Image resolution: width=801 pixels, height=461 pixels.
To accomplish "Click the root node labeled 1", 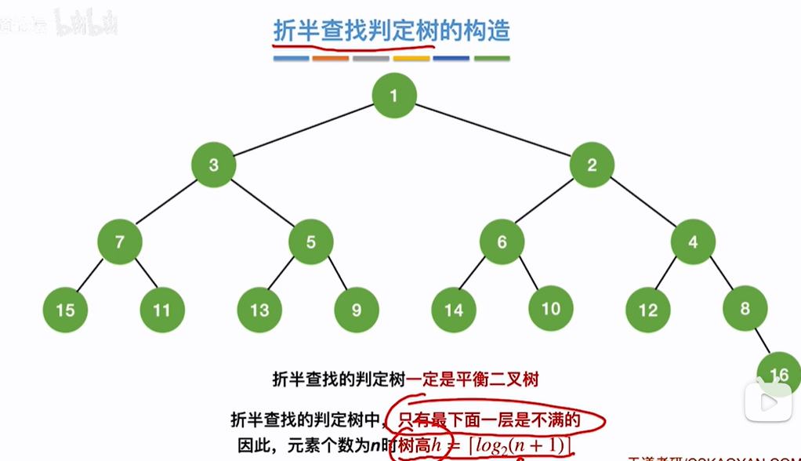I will click(x=394, y=96).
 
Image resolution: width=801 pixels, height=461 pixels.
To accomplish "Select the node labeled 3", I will click(x=213, y=165).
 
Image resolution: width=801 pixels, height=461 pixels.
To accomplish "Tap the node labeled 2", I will click(x=592, y=165).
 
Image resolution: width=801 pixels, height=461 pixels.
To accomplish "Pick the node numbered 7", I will click(x=119, y=241).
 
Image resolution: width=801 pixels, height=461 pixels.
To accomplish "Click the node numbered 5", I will click(x=310, y=241).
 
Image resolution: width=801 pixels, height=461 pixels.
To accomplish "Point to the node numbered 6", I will click(x=502, y=241).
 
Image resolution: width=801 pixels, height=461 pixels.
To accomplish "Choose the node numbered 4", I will click(x=693, y=241).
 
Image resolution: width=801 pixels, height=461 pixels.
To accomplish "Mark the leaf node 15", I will click(x=65, y=310).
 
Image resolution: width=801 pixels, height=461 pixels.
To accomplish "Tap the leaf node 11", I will click(x=162, y=310).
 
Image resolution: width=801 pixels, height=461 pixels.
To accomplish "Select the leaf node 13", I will click(x=259, y=310).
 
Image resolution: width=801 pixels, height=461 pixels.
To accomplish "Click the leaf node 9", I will click(x=357, y=310).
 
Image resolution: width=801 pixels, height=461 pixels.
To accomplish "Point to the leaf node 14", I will click(x=454, y=310).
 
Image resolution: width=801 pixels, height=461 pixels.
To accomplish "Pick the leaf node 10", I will click(x=551, y=308).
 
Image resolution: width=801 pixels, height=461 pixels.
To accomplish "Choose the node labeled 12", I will click(x=648, y=310).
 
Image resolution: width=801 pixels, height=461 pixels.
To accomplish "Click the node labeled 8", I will click(x=745, y=308).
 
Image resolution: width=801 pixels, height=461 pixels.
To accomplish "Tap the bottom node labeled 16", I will click(x=779, y=374).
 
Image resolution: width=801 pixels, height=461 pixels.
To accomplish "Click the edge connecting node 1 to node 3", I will click(x=304, y=130).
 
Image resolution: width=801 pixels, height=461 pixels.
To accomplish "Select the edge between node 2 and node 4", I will click(x=643, y=203).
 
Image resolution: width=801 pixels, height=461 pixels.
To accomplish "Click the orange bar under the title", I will click(x=330, y=58).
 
